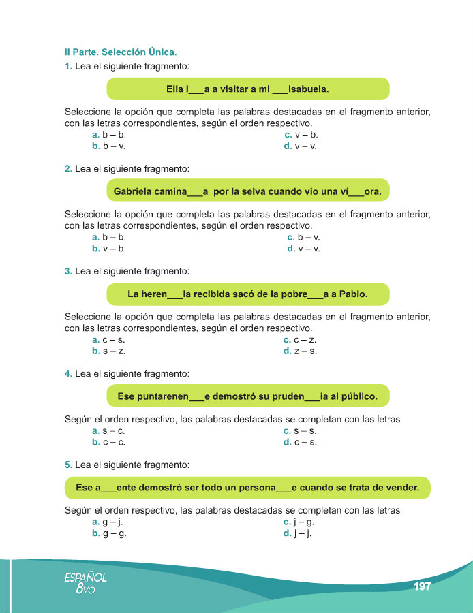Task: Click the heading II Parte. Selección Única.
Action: [120, 52]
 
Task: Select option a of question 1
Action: [109, 135]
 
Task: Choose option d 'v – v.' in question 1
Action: [301, 146]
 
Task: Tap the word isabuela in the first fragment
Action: [309, 89]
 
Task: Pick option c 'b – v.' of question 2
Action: [304, 238]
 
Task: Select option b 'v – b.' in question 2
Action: [109, 249]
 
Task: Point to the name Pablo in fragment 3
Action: [352, 294]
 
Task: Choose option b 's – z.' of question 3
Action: [109, 351]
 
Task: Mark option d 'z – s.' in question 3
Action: [301, 351]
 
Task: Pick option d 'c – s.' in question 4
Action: [301, 442]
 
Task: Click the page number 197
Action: [422, 586]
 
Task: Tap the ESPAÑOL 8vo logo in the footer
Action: [85, 582]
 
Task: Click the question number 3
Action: [68, 271]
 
